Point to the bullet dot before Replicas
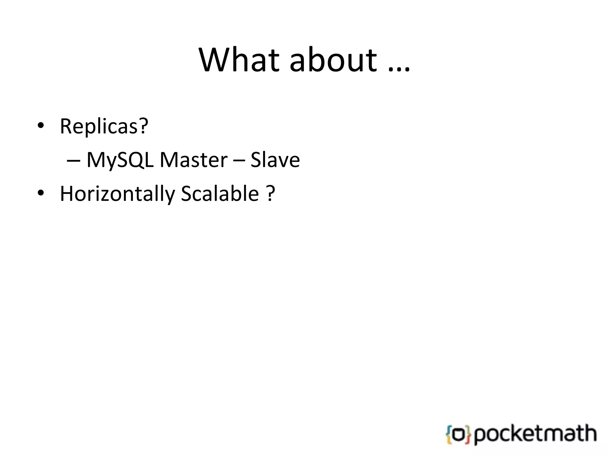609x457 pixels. tap(41, 126)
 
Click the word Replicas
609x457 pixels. tap(99, 126)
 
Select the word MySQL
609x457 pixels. tap(120, 160)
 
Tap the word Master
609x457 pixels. tap(194, 160)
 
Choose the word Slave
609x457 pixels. tap(275, 160)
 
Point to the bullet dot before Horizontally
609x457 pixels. tap(41, 193)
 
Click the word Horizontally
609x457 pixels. tap(117, 194)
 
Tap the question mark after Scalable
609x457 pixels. tap(270, 193)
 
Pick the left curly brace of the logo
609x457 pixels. tap(449, 435)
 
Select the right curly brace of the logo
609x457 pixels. tap(468, 435)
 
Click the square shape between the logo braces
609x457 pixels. tap(459, 435)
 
